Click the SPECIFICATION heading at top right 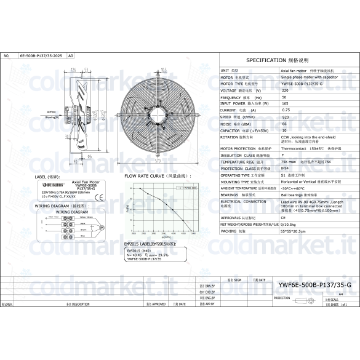click(x=286, y=61)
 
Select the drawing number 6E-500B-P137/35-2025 click(x=41, y=55)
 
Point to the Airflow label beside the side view click(x=52, y=113)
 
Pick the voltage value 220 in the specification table click(x=284, y=90)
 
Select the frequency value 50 click(x=284, y=97)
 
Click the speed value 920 click(x=286, y=117)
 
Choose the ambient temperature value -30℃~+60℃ click(x=294, y=188)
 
